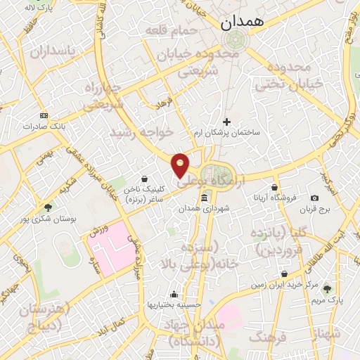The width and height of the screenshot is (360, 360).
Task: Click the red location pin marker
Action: click(x=181, y=165)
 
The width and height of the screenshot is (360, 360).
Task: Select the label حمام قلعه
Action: click(x=169, y=31)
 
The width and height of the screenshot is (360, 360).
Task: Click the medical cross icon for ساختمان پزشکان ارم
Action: click(x=226, y=122)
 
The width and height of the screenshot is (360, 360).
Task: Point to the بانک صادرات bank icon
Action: click(x=44, y=115)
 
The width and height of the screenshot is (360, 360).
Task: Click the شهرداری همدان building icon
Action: click(x=204, y=199)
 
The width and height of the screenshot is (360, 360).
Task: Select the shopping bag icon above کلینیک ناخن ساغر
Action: click(x=144, y=179)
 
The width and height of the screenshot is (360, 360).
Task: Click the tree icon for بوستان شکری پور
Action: click(x=48, y=207)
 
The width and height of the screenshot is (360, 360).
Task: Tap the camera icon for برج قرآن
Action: click(x=314, y=198)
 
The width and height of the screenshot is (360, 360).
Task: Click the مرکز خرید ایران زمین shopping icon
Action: click(x=284, y=274)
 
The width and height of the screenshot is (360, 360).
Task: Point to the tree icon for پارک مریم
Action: click(x=326, y=288)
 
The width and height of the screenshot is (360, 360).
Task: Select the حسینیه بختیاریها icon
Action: click(x=174, y=294)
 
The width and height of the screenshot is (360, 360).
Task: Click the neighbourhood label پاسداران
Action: click(x=52, y=51)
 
